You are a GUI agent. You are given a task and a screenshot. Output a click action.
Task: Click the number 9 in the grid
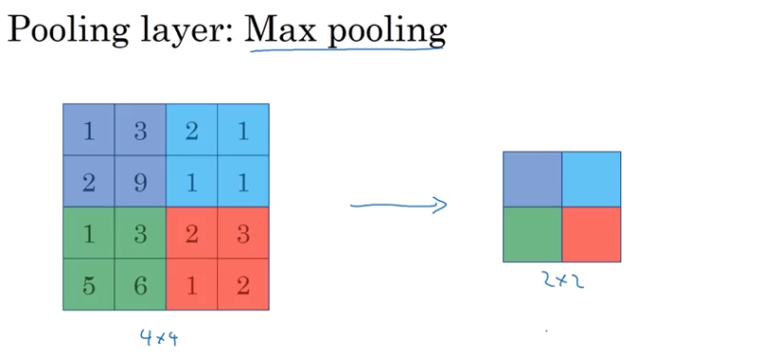(x=140, y=182)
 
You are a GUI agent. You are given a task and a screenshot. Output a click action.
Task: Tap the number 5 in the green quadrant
(x=89, y=285)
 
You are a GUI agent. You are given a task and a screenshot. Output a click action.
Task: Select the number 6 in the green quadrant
(x=140, y=285)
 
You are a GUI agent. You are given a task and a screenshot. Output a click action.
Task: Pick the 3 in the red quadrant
(x=243, y=233)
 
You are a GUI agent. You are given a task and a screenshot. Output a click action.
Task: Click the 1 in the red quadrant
(x=191, y=285)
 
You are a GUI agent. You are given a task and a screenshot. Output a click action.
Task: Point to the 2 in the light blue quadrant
(x=191, y=130)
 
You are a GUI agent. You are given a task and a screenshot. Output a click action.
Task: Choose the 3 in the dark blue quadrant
(x=140, y=130)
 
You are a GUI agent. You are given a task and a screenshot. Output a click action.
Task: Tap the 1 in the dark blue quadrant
(x=89, y=130)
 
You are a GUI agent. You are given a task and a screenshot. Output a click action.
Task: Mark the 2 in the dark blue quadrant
(x=89, y=182)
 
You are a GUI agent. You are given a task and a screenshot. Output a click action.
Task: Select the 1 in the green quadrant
(x=89, y=233)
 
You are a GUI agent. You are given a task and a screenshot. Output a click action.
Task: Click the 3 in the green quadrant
(x=140, y=233)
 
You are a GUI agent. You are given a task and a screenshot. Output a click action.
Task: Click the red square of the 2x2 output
(x=592, y=234)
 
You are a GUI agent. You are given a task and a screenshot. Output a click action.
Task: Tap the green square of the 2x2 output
(x=532, y=234)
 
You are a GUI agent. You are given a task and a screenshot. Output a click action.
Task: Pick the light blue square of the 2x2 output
(x=592, y=179)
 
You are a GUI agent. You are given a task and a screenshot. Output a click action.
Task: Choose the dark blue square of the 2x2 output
(x=532, y=179)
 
